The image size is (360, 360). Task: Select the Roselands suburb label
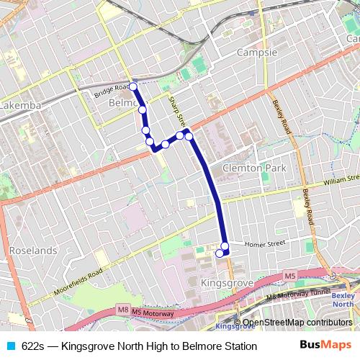click(x=33, y=251)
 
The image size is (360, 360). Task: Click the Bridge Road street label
click(x=111, y=93)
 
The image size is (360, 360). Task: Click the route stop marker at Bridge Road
click(x=133, y=86)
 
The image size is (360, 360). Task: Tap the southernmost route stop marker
click(x=220, y=253)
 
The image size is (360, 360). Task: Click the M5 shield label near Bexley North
click(x=289, y=276)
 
